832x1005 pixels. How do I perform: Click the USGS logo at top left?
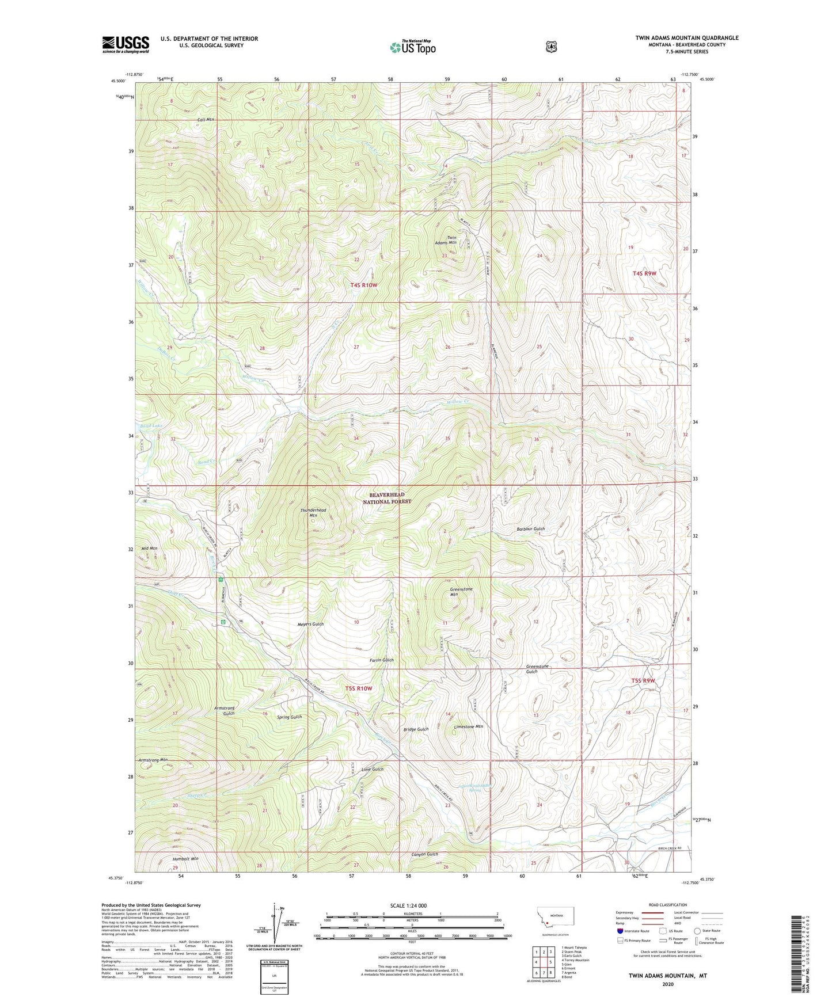click(126, 44)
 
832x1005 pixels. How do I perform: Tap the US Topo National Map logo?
click(412, 47)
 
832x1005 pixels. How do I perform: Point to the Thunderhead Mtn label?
click(313, 512)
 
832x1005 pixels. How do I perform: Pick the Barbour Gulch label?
click(530, 528)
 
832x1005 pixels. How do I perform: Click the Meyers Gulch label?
click(310, 624)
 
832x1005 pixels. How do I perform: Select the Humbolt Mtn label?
click(185, 858)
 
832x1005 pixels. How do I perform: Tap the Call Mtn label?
click(206, 120)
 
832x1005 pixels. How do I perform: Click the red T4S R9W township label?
click(644, 273)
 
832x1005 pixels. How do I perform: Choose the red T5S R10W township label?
click(359, 688)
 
